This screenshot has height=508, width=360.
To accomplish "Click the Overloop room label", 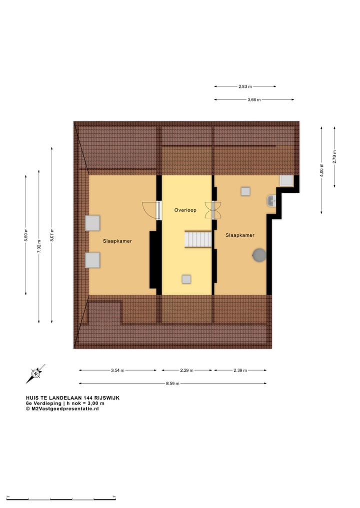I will tap(185, 210).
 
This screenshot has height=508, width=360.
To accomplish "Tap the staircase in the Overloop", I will tap(198, 239).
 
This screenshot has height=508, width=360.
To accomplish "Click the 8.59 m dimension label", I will tap(172, 384).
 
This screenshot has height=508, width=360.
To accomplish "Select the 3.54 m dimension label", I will tap(117, 370).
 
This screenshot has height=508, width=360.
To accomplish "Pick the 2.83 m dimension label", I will tap(245, 86).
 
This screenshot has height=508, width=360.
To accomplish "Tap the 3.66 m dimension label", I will tap(254, 100).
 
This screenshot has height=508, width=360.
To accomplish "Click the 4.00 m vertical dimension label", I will tap(322, 170).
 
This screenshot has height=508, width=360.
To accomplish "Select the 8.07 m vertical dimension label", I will tap(52, 235).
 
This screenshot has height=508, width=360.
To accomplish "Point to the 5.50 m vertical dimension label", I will tap(26, 235).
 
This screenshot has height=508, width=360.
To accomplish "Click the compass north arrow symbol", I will tap(36, 373).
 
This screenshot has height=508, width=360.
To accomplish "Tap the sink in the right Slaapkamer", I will tap(271, 201).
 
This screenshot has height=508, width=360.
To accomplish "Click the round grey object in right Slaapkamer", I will tap(259, 255).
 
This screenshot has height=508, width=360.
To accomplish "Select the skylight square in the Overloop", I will tap(186, 279).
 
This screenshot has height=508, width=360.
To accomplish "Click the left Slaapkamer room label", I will tap(117, 241).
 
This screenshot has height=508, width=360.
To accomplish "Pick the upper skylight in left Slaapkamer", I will tap(92, 223).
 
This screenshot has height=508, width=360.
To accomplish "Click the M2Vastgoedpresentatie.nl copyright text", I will tap(62, 409).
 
